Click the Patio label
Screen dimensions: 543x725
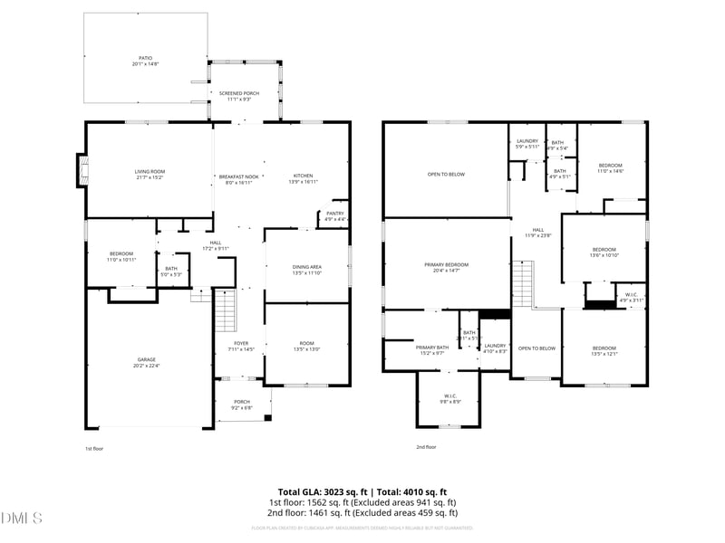coord(146,60)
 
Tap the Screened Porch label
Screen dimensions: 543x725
coord(239,95)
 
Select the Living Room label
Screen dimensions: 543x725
coord(150,173)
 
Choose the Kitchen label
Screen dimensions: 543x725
coord(302,178)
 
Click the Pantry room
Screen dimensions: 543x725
coord(334,216)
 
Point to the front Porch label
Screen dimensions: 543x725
coord(242,404)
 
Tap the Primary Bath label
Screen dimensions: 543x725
coord(431,349)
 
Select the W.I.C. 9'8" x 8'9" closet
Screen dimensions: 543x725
coord(450,398)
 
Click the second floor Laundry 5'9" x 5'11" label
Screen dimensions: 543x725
coord(527,143)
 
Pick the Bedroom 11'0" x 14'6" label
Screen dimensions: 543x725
coord(610,167)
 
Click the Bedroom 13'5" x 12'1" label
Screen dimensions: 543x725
coord(604,350)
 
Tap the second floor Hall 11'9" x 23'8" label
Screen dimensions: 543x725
coord(537,233)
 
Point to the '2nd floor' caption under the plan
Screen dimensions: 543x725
coord(426,447)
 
